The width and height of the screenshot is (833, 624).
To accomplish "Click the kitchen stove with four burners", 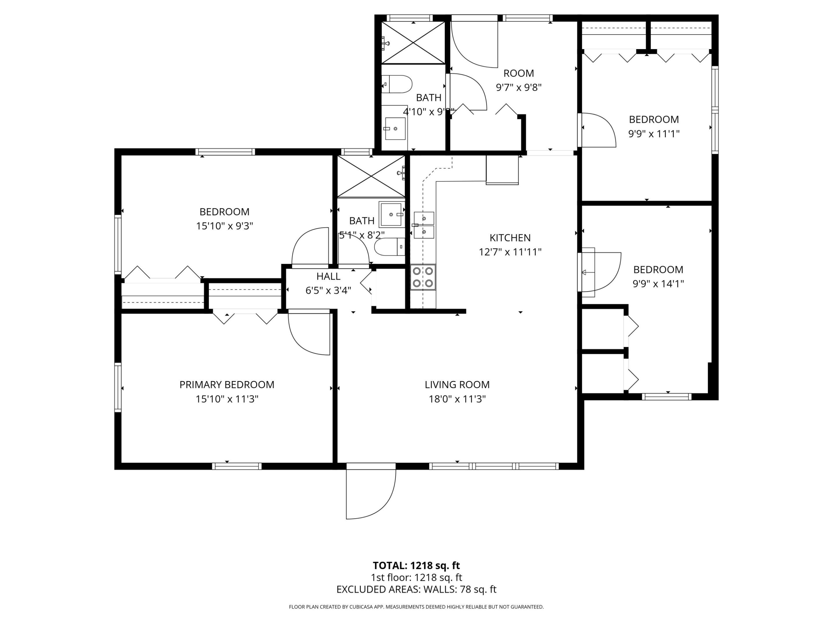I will click(x=423, y=277).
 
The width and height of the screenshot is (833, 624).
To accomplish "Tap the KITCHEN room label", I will click(x=510, y=238).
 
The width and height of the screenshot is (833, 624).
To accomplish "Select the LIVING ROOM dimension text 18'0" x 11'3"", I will click(x=457, y=399).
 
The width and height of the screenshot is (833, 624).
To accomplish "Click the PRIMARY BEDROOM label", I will click(x=227, y=385).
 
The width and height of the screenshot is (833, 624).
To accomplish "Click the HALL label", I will click(x=328, y=276).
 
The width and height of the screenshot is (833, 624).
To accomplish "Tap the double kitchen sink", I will click(x=424, y=225).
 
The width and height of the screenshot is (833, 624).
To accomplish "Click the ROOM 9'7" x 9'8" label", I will click(x=519, y=73).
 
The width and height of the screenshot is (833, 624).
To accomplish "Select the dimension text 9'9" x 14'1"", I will click(x=658, y=284).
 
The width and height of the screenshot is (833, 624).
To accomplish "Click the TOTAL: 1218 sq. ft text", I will click(x=416, y=565).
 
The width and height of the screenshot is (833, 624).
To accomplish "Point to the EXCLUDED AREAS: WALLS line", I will click(x=416, y=589).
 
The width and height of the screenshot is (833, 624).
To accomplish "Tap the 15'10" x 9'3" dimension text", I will click(x=224, y=226).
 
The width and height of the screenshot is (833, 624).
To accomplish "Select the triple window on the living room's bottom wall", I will click(x=494, y=466).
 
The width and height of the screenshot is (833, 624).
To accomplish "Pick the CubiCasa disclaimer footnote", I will click(x=416, y=607).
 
